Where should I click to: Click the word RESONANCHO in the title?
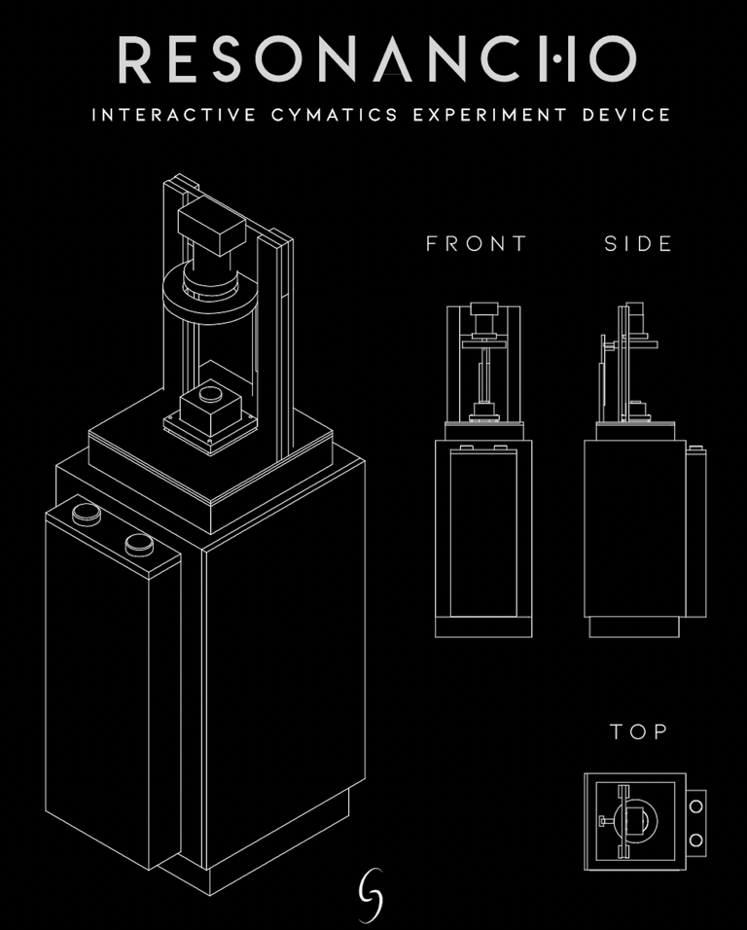[377, 59]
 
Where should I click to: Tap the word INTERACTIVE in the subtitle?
[175, 115]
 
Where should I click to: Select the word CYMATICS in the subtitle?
[337, 115]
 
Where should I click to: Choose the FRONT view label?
[477, 243]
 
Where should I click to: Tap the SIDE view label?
[638, 243]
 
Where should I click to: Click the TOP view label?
[638, 732]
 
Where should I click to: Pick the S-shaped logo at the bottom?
[371, 893]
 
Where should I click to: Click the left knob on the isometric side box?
[87, 512]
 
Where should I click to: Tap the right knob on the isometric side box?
[139, 543]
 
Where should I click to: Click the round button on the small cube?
[207, 394]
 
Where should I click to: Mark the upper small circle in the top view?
[695, 805]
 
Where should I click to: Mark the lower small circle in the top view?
[695, 839]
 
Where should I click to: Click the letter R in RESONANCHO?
[135, 59]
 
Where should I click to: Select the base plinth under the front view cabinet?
[483, 627]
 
